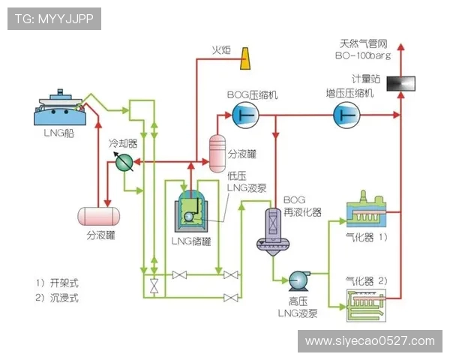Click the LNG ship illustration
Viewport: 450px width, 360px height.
point(60,109)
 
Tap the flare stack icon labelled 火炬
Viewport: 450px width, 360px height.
point(245,58)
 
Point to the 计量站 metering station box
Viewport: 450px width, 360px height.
point(400,83)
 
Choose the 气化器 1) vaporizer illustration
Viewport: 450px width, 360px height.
point(367,214)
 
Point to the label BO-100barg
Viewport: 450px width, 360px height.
point(363,55)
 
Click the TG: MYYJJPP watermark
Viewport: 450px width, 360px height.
point(54,19)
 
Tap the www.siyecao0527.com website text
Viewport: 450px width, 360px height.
point(370,341)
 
